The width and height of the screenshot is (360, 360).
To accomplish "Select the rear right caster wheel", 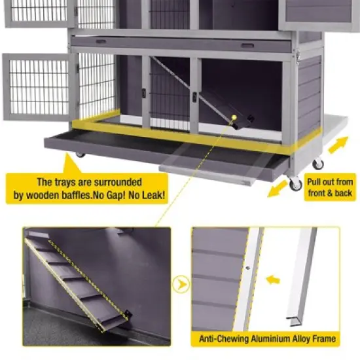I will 318,164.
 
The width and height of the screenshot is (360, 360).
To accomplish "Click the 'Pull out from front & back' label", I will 331,189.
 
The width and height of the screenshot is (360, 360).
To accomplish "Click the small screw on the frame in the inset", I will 248,268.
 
